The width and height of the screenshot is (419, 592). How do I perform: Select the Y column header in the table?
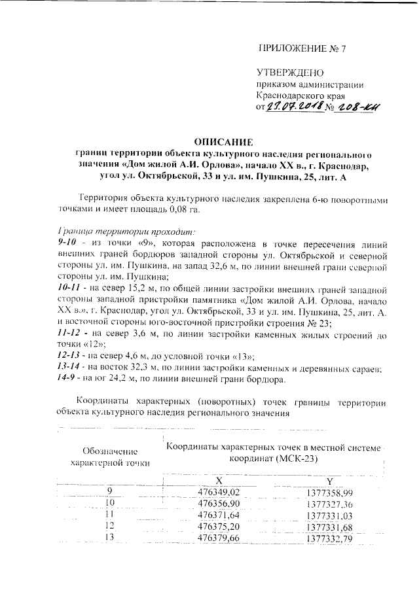pos(334,481)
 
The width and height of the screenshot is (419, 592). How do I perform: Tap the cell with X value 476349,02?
pos(228,492)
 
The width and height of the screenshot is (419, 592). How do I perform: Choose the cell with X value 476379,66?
pos(228,538)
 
